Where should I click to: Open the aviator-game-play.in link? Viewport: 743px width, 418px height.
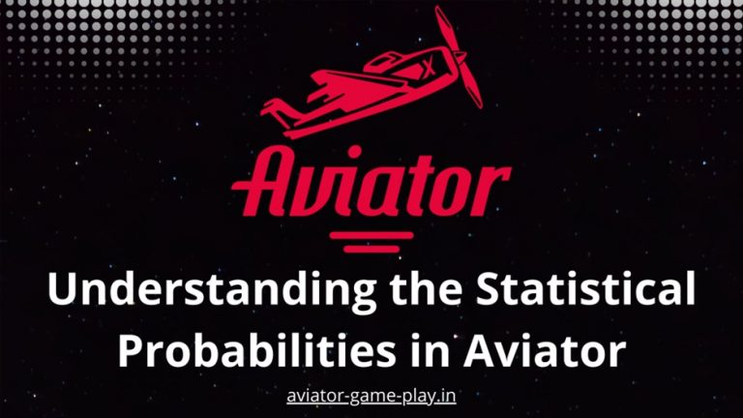point(371,397)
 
